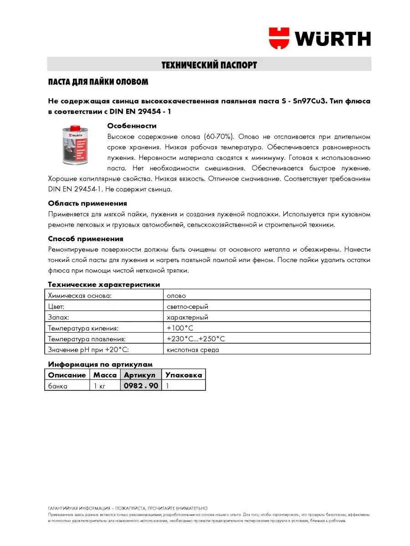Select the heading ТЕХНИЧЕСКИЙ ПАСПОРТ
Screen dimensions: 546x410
[x=209, y=65]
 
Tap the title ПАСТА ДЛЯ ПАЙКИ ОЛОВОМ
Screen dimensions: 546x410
[x=98, y=82]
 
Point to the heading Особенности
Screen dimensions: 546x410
[x=132, y=126]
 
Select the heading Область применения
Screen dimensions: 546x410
[x=87, y=203]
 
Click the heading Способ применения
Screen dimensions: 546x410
[x=86, y=238]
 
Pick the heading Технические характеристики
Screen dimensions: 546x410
[x=104, y=284]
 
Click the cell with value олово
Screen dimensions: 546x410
[x=176, y=295]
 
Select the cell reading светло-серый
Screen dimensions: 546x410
[x=188, y=306]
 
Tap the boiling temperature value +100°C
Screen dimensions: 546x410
[x=181, y=328]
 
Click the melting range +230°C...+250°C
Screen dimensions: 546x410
[x=196, y=339]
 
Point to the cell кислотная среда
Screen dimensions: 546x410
[x=193, y=350]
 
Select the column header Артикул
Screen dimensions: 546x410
[x=139, y=375]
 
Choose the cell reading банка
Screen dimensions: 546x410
[x=58, y=386]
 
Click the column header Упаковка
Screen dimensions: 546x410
[x=183, y=375]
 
